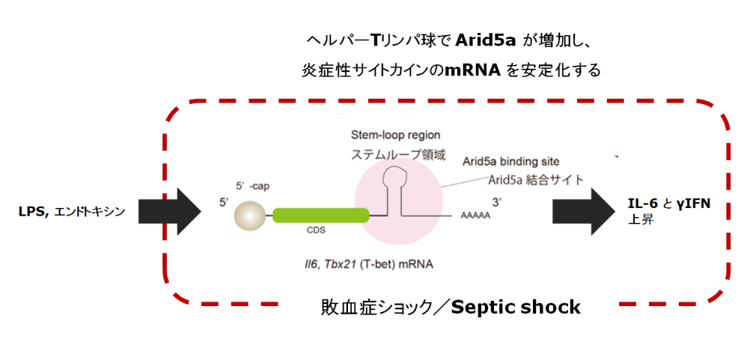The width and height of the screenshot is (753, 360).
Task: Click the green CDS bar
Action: tap(321, 216)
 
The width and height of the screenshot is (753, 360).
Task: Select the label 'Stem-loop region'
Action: tap(395, 135)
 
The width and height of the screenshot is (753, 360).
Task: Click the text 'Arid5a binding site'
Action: tap(510, 161)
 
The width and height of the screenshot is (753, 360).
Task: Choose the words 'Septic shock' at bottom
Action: tap(516, 306)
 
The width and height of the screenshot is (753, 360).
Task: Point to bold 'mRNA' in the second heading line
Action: tap(467, 71)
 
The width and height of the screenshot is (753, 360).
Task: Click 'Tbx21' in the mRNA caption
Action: tap(342, 264)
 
